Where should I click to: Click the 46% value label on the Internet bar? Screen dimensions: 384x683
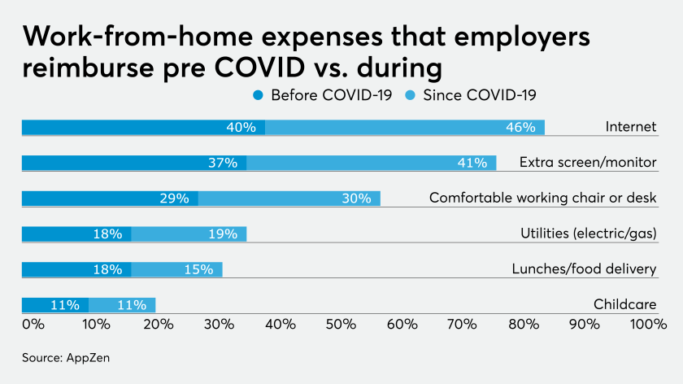point(520,127)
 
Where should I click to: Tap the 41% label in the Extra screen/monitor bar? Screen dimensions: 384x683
point(472,163)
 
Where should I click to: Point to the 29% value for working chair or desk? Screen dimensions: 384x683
point(174,198)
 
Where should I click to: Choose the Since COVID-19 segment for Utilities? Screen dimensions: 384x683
point(189,233)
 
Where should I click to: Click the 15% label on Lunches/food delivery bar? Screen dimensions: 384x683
point(198,269)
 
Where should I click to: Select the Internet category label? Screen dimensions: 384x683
point(631,127)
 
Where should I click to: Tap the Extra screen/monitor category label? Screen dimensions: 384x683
point(588,163)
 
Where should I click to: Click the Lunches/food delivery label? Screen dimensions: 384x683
point(584,269)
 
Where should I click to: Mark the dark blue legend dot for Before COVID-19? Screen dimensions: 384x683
point(259,95)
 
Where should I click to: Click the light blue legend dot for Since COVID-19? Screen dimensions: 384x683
point(411,95)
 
